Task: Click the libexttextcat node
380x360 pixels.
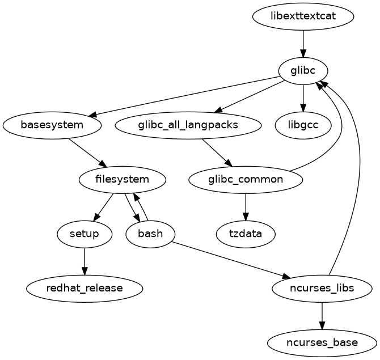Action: coord(303,16)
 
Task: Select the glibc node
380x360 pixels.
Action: coord(303,71)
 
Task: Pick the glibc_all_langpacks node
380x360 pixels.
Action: coord(188,125)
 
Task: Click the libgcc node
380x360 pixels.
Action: coord(303,125)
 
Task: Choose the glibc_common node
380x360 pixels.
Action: coord(246,180)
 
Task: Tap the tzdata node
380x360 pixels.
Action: coord(246,234)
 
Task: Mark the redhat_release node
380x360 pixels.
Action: coord(85,288)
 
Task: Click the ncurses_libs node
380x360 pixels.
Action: coord(322,288)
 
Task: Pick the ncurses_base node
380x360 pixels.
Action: coord(322,342)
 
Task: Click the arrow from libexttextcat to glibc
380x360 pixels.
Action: coord(303,43)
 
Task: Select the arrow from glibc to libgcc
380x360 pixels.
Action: coord(303,98)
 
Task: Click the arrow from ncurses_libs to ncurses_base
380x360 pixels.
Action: coord(322,315)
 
